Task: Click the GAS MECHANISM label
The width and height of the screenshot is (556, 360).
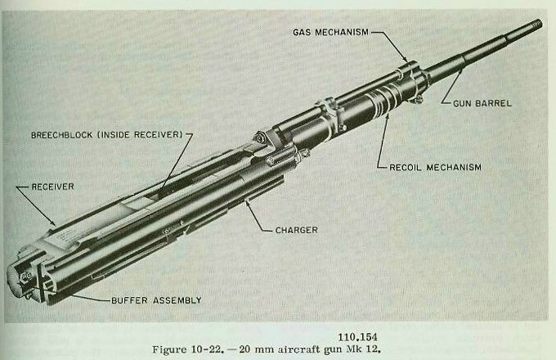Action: click(330, 32)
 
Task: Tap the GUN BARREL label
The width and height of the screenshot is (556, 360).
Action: click(483, 103)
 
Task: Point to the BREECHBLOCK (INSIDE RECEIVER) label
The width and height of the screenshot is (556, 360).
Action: click(105, 134)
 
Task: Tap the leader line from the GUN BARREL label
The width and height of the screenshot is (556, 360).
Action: click(455, 90)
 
